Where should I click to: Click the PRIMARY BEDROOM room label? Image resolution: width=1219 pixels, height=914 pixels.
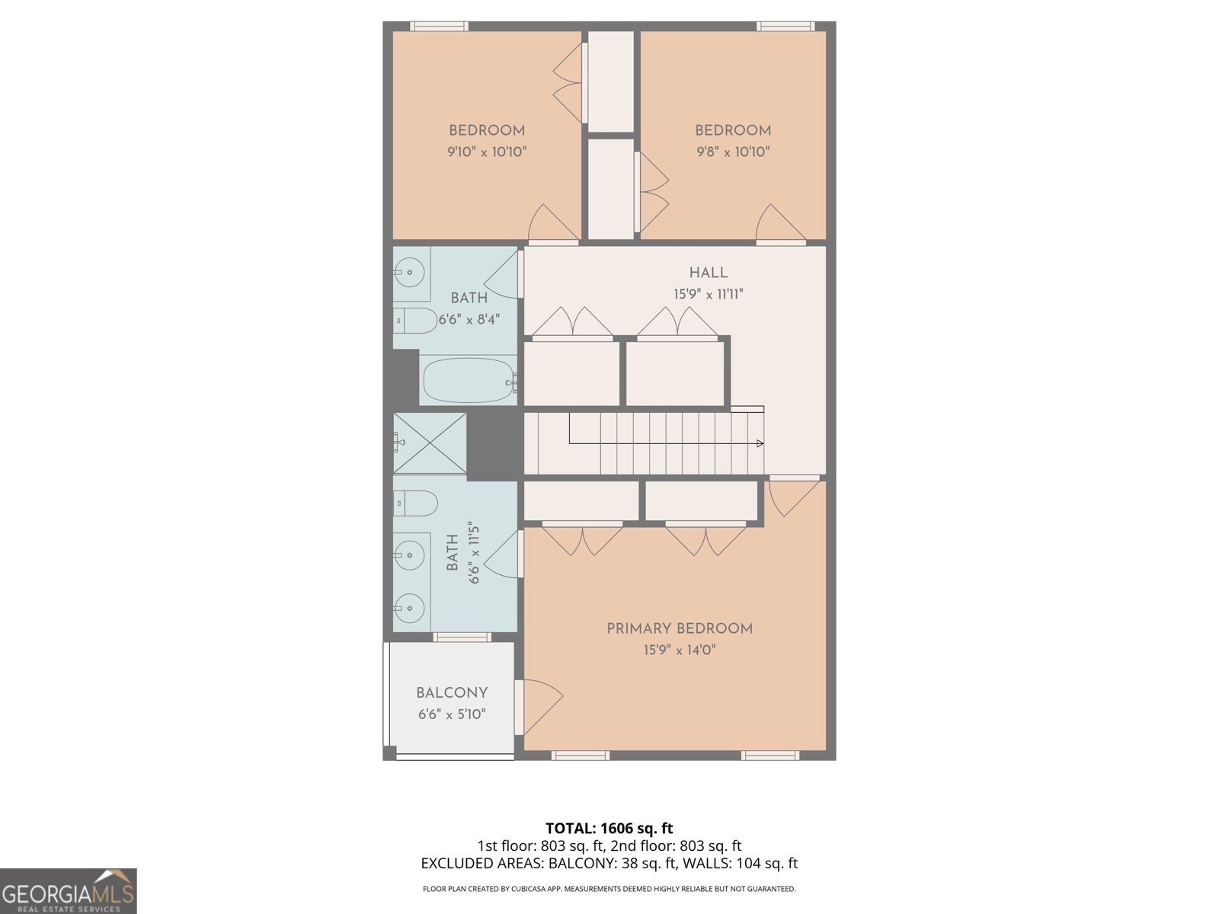pyautogui.click(x=679, y=628)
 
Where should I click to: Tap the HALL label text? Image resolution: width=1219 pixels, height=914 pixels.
pyautogui.click(x=708, y=273)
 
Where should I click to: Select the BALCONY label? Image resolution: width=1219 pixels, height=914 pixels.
pyautogui.click(x=451, y=693)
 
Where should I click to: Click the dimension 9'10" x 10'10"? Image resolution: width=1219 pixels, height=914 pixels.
pyautogui.click(x=487, y=152)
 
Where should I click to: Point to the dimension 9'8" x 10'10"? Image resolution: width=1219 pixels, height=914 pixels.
pyautogui.click(x=733, y=152)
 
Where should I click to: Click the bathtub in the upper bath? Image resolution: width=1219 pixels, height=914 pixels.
pyautogui.click(x=467, y=380)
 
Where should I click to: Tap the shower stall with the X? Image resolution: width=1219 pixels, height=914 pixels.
pyautogui.click(x=430, y=443)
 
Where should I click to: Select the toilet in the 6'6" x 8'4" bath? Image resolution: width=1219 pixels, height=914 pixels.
pyautogui.click(x=415, y=321)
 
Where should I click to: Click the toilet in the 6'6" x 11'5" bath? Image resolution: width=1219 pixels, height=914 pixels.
pyautogui.click(x=416, y=503)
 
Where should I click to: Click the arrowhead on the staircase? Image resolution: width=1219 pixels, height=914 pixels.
pyautogui.click(x=760, y=443)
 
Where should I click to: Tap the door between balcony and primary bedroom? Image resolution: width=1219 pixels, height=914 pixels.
pyautogui.click(x=540, y=705)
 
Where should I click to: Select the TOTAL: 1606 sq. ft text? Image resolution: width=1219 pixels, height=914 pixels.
pyautogui.click(x=609, y=828)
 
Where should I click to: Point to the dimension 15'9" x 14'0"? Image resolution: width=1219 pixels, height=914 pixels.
pyautogui.click(x=679, y=650)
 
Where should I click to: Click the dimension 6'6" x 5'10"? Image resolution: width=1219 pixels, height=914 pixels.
pyautogui.click(x=451, y=714)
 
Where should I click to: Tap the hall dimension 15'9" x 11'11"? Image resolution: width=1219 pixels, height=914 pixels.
pyautogui.click(x=708, y=294)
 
